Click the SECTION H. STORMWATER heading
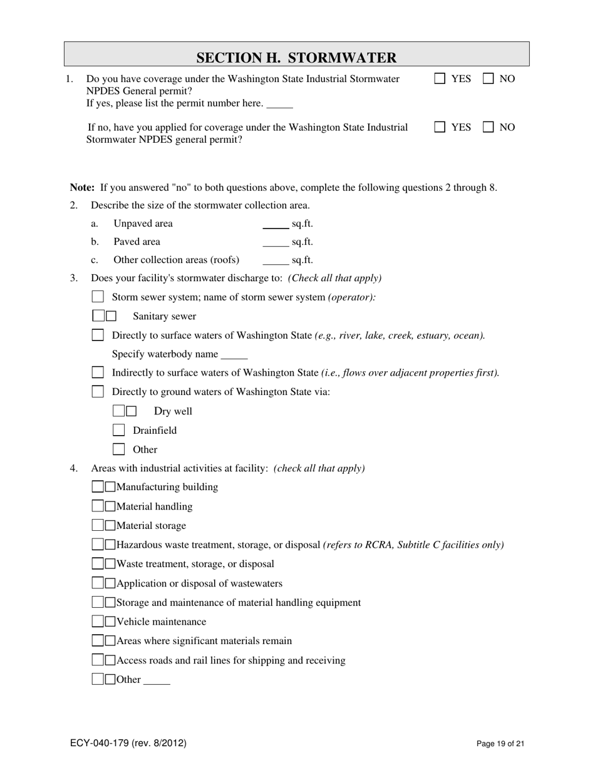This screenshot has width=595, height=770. pyautogui.click(x=296, y=58)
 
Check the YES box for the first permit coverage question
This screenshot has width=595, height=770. pyautogui.click(x=440, y=79)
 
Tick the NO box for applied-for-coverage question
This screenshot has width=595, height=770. pyautogui.click(x=489, y=127)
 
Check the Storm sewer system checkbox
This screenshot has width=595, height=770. pyautogui.click(x=98, y=297)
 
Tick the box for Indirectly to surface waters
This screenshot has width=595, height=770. pyautogui.click(x=98, y=372)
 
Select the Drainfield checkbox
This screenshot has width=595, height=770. pyautogui.click(x=119, y=430)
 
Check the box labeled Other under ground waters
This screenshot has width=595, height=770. pyautogui.click(x=119, y=449)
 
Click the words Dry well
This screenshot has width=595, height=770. pyautogui.click(x=173, y=411)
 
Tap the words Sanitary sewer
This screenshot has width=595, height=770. pyautogui.click(x=164, y=317)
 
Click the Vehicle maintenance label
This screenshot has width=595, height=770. pyautogui.click(x=161, y=622)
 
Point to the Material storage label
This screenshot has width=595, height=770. pyautogui.click(x=151, y=526)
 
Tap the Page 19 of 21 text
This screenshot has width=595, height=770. pyautogui.click(x=500, y=744)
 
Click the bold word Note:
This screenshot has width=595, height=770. pyautogui.click(x=82, y=187)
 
